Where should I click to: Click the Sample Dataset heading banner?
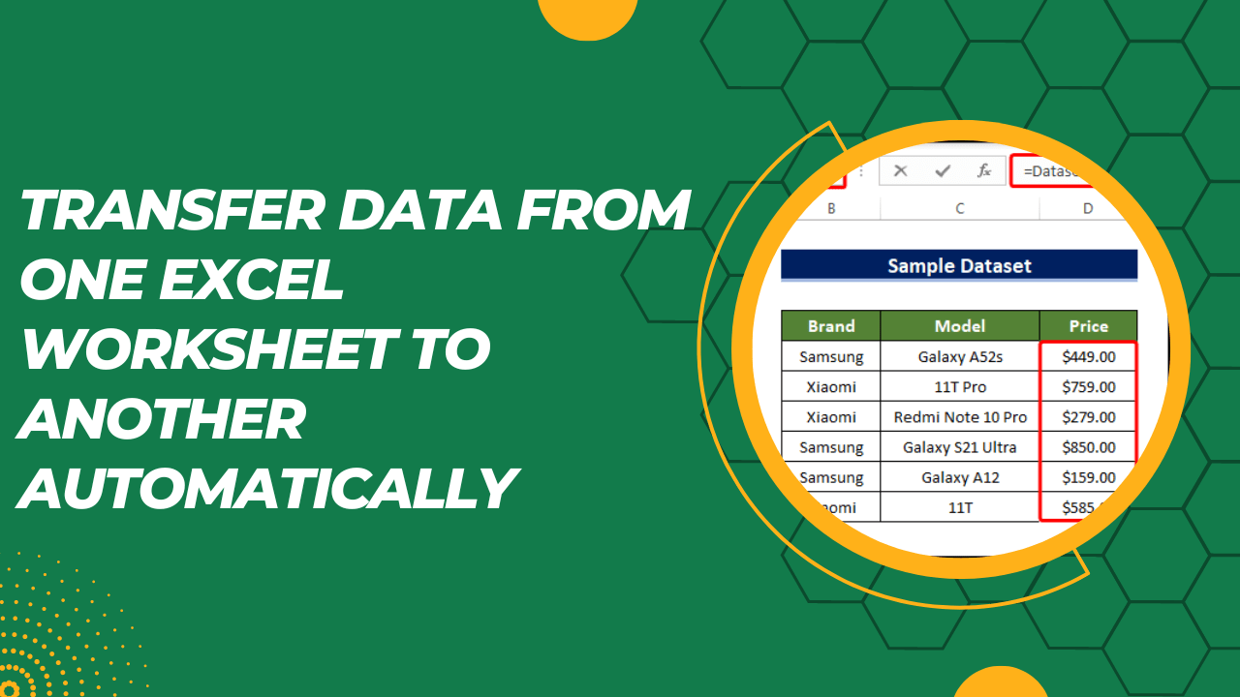(x=959, y=265)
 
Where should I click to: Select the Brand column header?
(x=831, y=326)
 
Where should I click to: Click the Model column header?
(x=959, y=326)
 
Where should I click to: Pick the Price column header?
(x=1088, y=326)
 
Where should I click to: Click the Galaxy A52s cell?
(x=959, y=356)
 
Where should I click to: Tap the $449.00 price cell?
(x=1088, y=356)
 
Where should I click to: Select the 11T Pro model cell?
(x=959, y=386)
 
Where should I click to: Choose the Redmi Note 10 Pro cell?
(x=959, y=417)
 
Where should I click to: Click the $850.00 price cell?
(x=1088, y=447)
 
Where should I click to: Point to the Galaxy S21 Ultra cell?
(x=959, y=447)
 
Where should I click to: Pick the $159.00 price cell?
(x=1088, y=477)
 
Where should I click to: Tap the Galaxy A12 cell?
(x=959, y=477)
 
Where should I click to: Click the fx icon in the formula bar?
(x=984, y=171)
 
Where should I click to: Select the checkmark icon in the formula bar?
(x=943, y=171)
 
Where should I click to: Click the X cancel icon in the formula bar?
(x=901, y=171)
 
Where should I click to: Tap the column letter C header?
(x=959, y=208)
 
